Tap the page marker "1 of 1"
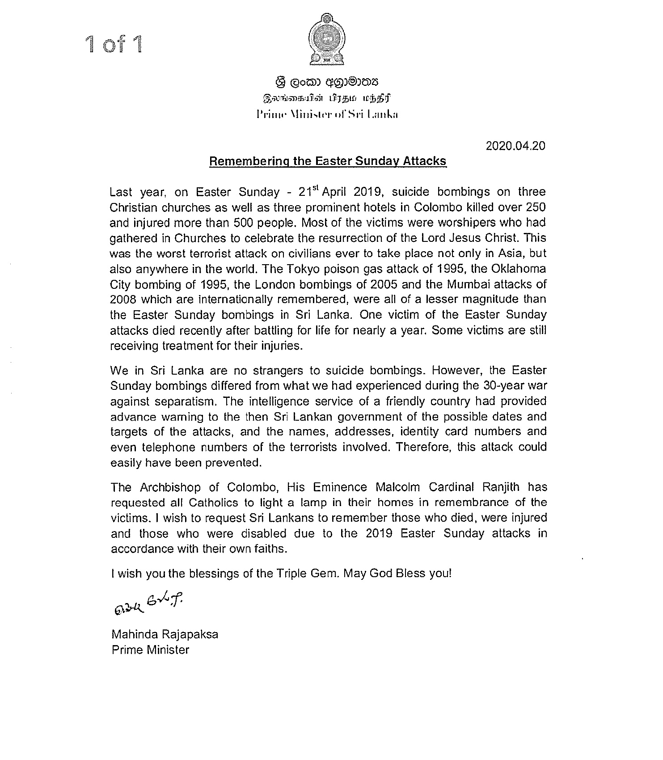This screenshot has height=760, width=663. (115, 45)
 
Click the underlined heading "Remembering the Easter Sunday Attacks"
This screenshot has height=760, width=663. (328, 161)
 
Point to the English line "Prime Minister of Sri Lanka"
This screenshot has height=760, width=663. (327, 114)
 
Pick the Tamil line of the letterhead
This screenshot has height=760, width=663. (327, 98)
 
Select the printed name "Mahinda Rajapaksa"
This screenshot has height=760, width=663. (165, 634)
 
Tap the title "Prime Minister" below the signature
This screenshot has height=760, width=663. (150, 649)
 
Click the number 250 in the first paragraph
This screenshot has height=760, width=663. (534, 207)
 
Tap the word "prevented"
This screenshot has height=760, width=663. (233, 462)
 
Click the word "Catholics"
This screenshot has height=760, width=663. (213, 502)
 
